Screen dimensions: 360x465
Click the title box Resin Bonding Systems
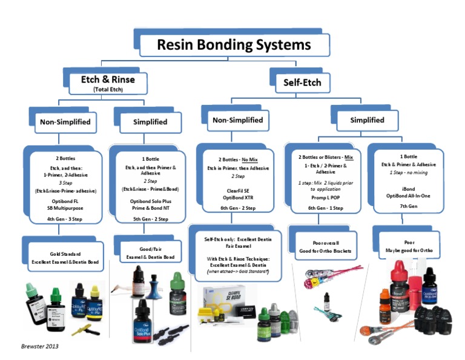(234, 45)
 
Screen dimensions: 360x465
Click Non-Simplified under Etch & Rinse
(65, 122)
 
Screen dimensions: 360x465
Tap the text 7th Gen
(403, 205)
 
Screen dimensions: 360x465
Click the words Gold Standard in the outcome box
(65, 254)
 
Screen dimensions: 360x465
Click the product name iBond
(403, 187)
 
